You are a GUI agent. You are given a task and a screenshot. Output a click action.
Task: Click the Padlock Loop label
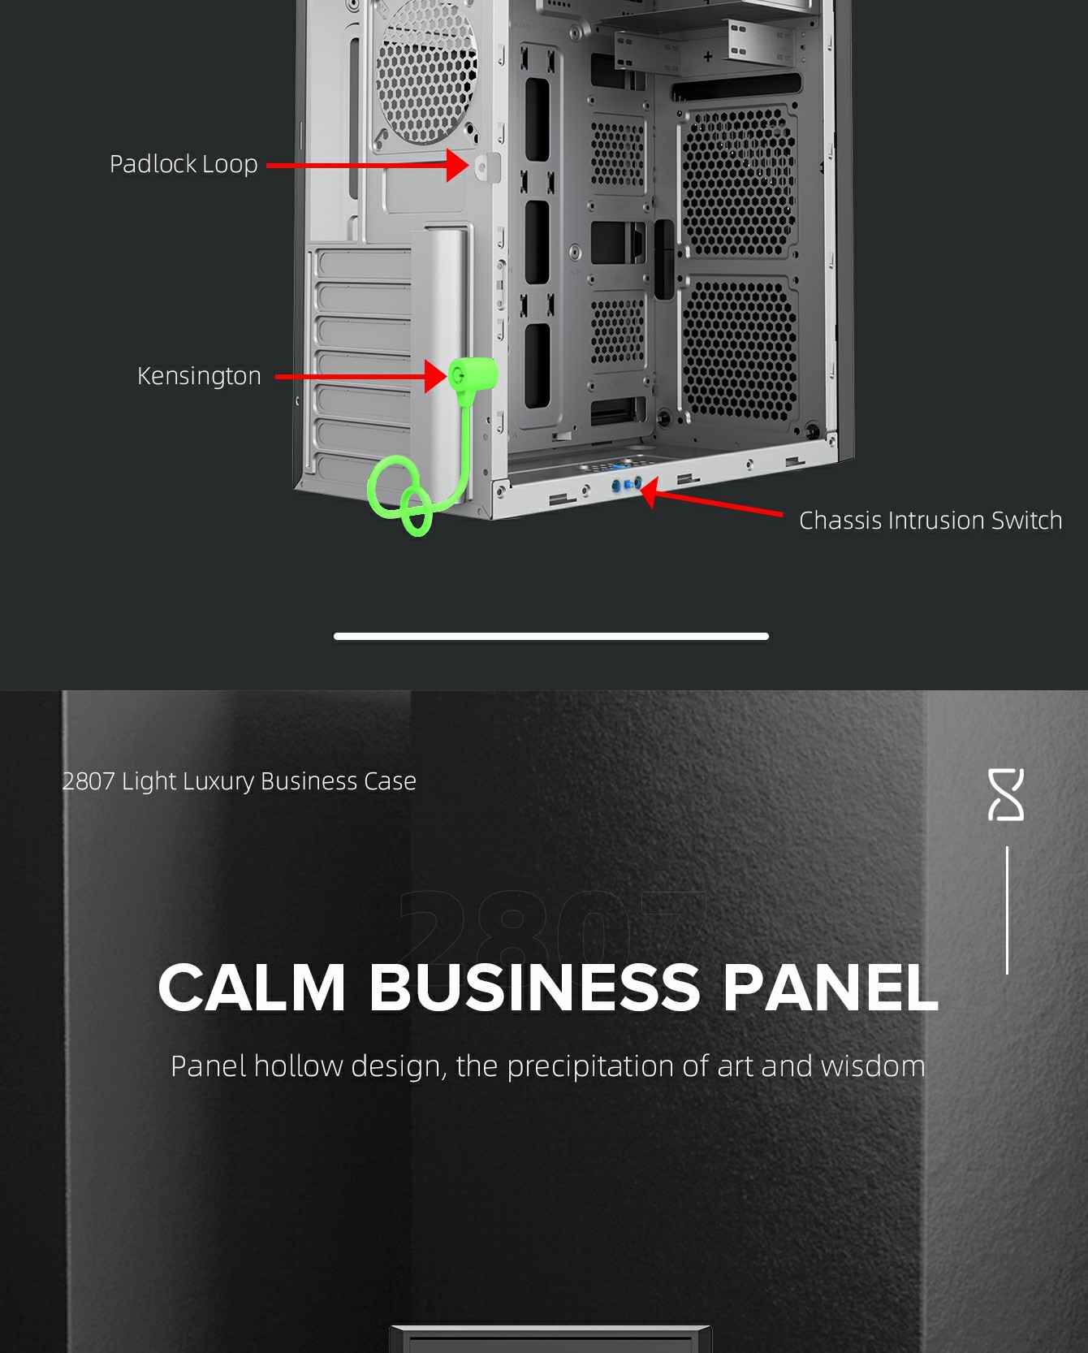click(x=183, y=164)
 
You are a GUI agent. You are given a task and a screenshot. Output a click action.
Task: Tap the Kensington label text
click(x=199, y=376)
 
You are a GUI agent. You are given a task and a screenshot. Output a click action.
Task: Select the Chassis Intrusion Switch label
click(x=930, y=521)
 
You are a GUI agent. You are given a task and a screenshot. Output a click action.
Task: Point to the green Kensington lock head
click(x=472, y=374)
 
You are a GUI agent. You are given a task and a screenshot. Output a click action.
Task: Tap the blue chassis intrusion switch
click(x=627, y=486)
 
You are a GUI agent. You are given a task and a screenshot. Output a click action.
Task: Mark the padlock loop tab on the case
click(x=486, y=167)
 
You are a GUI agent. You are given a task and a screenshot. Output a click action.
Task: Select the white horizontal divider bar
click(x=550, y=636)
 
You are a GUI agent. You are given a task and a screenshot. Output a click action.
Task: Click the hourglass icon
click(x=1006, y=794)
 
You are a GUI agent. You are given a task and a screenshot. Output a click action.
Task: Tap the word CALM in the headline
click(x=253, y=988)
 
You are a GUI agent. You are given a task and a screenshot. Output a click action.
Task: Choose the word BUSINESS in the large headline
click(x=535, y=988)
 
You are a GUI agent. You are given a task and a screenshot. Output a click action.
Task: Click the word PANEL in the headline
click(x=830, y=988)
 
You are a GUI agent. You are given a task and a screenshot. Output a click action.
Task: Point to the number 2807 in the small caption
click(x=89, y=781)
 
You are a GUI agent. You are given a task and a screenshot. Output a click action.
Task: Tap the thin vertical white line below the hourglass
click(x=1007, y=910)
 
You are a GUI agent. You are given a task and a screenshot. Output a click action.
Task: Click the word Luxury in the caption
click(x=218, y=781)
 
